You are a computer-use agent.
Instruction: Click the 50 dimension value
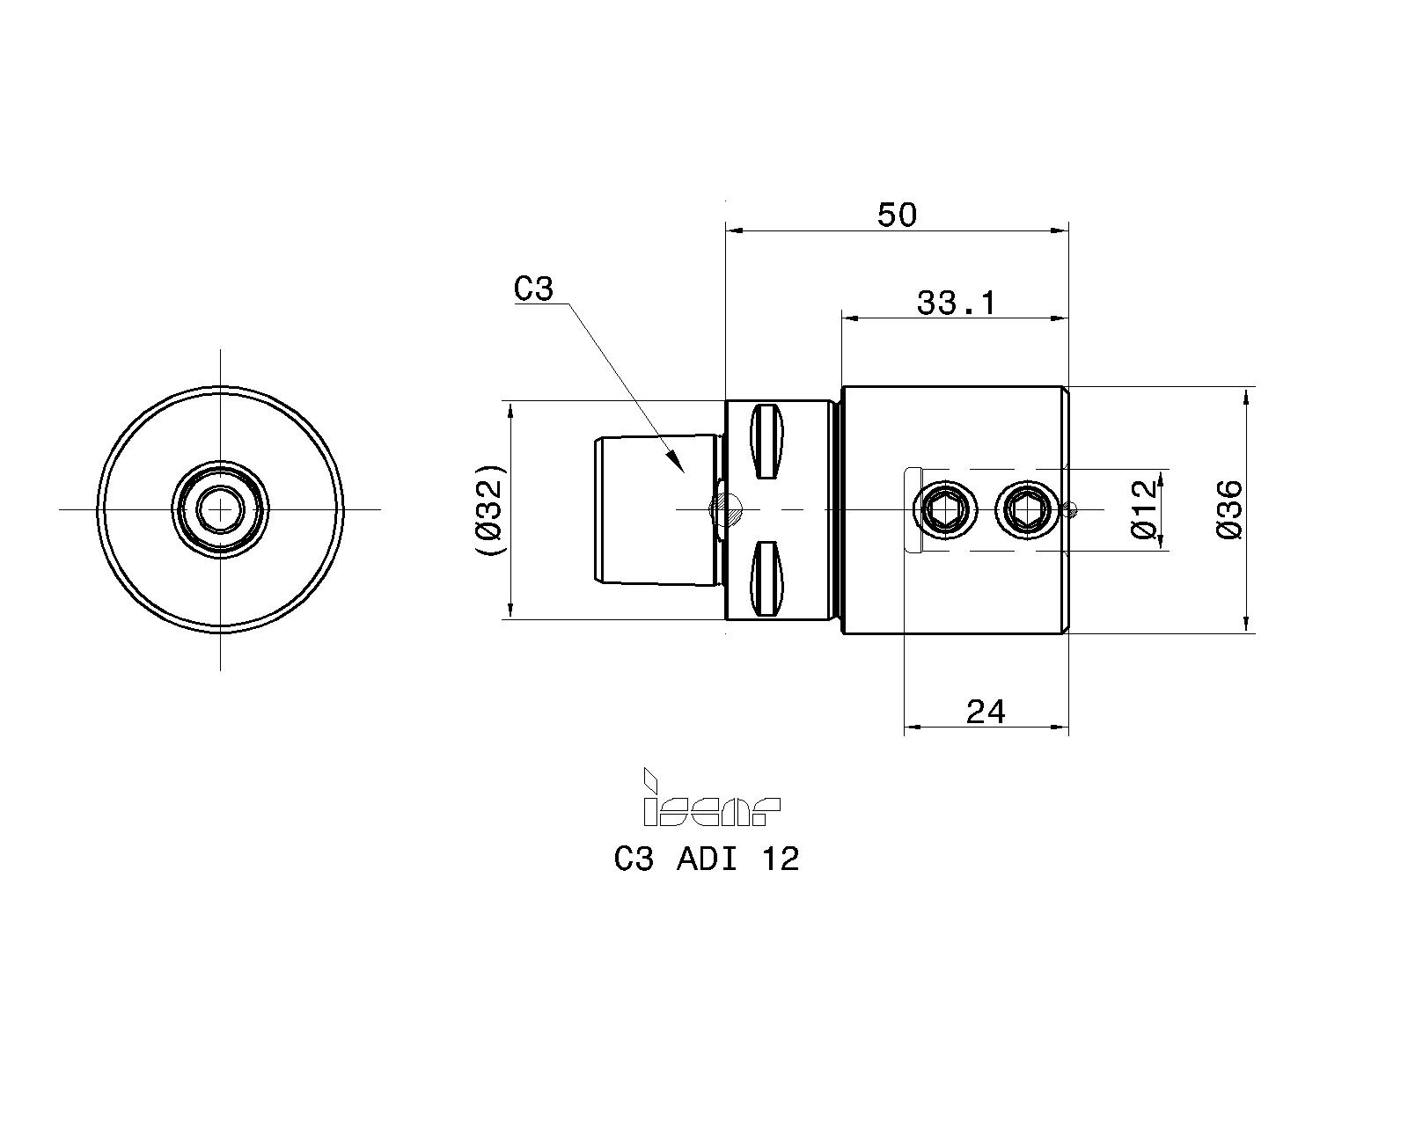click(897, 216)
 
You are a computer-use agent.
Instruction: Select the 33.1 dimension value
click(956, 303)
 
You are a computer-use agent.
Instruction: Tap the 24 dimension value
click(986, 712)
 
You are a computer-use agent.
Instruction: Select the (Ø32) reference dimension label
click(490, 510)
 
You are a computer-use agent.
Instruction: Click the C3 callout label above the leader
click(533, 289)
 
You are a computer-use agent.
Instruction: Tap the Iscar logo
click(711, 798)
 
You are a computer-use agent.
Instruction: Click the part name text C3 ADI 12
click(707, 859)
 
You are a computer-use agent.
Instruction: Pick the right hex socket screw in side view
click(1024, 509)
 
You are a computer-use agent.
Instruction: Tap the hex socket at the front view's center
click(220, 509)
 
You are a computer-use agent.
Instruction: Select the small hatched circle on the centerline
click(729, 509)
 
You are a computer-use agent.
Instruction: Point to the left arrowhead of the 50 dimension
click(736, 230)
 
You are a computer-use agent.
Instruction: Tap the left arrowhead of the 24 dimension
click(914, 727)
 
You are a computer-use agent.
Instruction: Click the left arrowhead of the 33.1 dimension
click(852, 318)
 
